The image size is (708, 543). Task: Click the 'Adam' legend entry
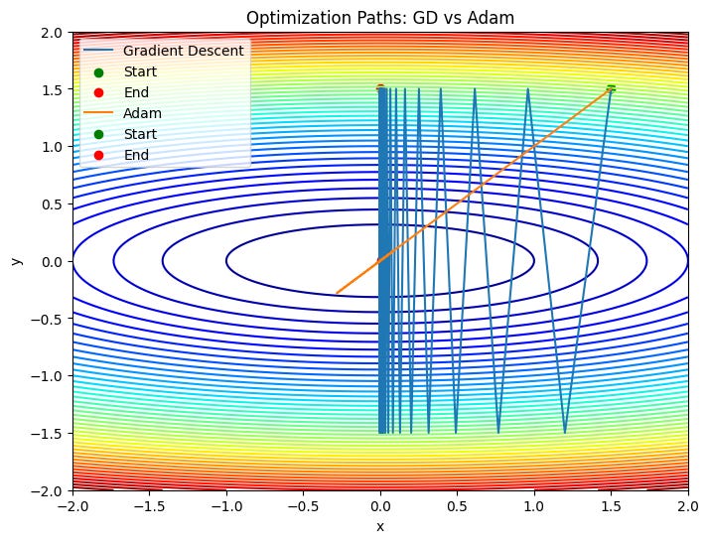point(143,113)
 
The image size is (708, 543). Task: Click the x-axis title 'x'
point(379,526)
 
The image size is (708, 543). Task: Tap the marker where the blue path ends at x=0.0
point(380,89)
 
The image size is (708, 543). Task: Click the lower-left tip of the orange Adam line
point(338,293)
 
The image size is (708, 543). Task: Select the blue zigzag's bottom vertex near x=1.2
point(565,433)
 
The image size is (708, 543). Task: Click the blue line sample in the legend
point(98,51)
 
